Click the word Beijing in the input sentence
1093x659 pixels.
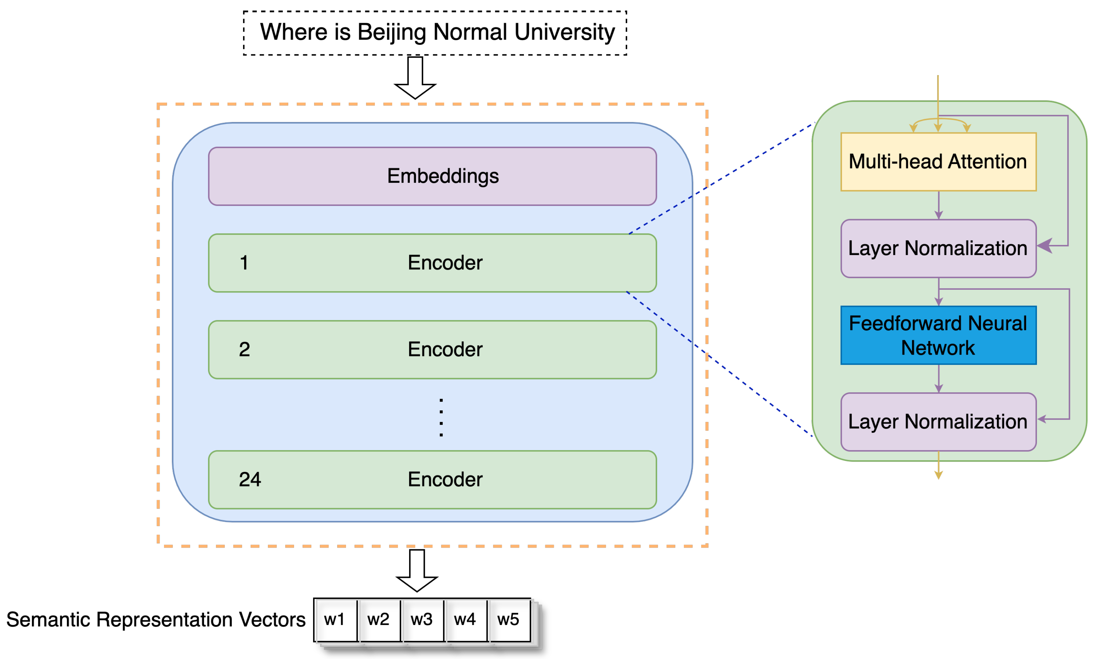pos(392,32)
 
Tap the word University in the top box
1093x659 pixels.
pos(564,32)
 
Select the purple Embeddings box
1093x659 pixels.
pos(433,176)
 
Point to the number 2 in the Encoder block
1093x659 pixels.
pos(244,349)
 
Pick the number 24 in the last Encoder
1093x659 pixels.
pos(250,479)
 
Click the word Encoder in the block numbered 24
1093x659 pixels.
pos(445,479)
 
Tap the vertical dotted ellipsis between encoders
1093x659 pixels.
pos(441,417)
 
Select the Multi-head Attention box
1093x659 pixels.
pos(938,162)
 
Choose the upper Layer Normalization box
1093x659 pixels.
pos(938,248)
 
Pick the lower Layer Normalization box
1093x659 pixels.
pos(938,422)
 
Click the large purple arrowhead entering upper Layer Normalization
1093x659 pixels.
pos(1045,245)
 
